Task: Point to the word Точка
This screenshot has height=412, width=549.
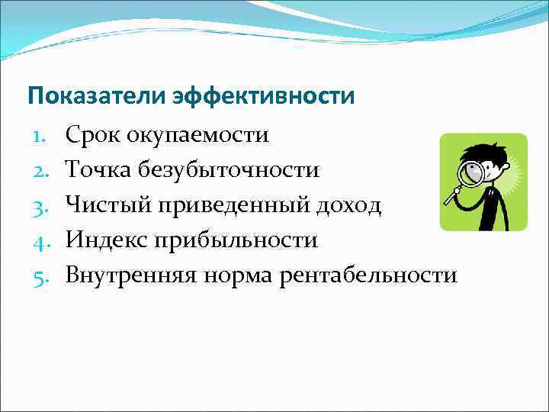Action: [x=98, y=170]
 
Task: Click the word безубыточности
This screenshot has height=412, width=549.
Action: [x=229, y=170]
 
